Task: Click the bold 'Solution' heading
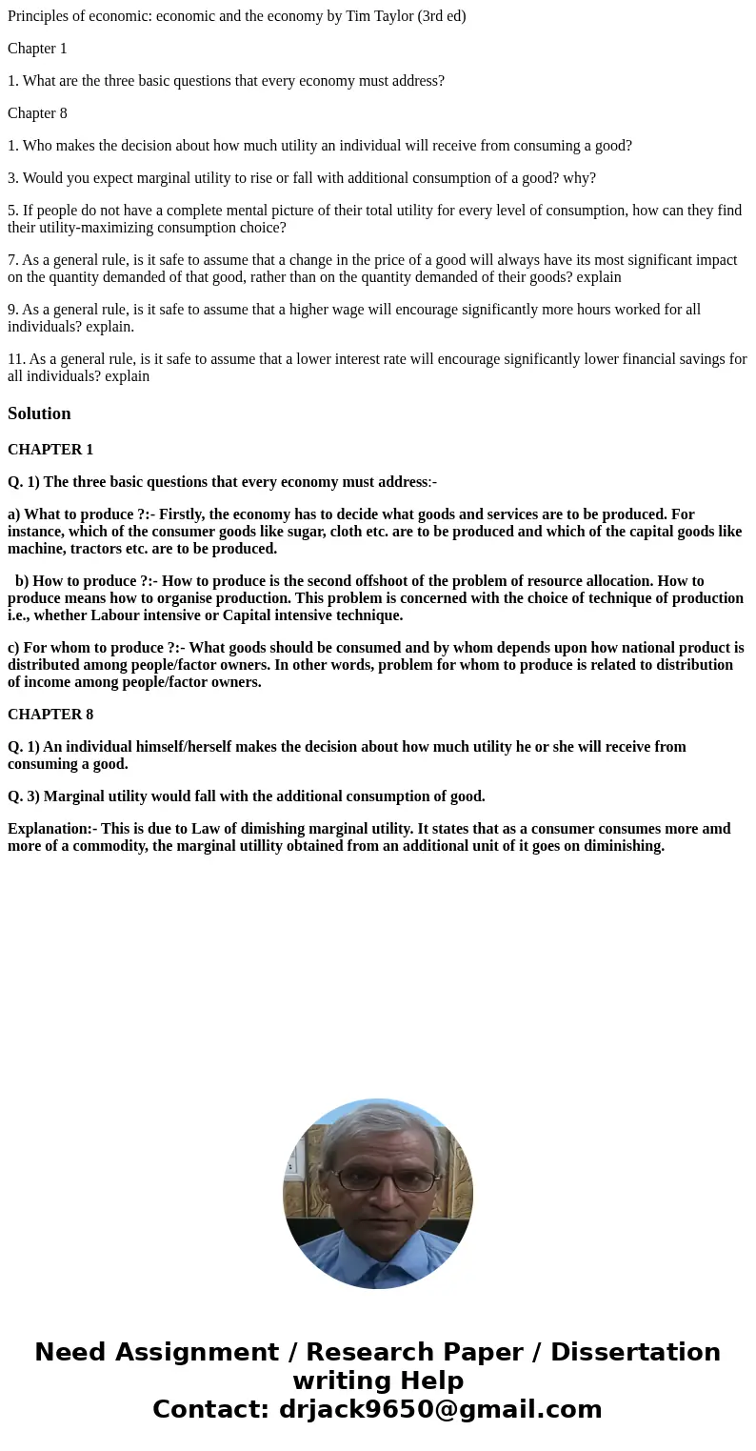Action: [x=39, y=413]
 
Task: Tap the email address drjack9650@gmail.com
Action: [x=440, y=1409]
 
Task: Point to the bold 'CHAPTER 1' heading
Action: [x=50, y=450]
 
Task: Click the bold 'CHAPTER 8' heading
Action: [x=50, y=715]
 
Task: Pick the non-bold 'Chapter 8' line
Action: [x=37, y=113]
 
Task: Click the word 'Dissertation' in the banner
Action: [x=635, y=1353]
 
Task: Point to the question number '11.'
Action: [x=16, y=359]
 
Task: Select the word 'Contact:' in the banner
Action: [x=210, y=1409]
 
